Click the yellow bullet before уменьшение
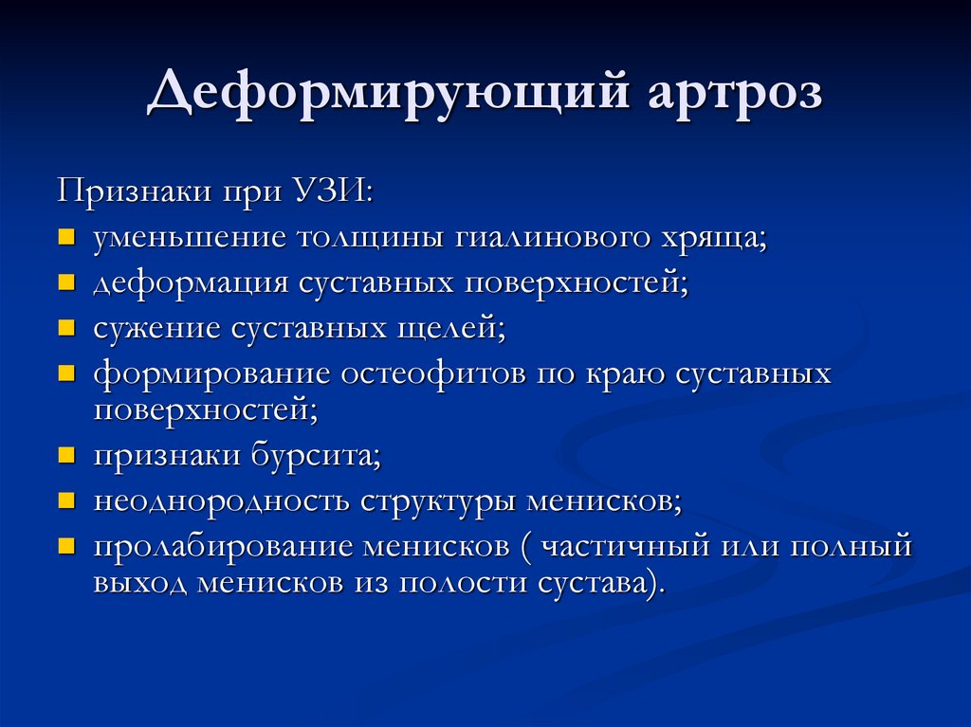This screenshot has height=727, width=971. (65, 237)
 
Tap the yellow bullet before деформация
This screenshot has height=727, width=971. (65, 282)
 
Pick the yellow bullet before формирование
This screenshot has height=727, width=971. (65, 373)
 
